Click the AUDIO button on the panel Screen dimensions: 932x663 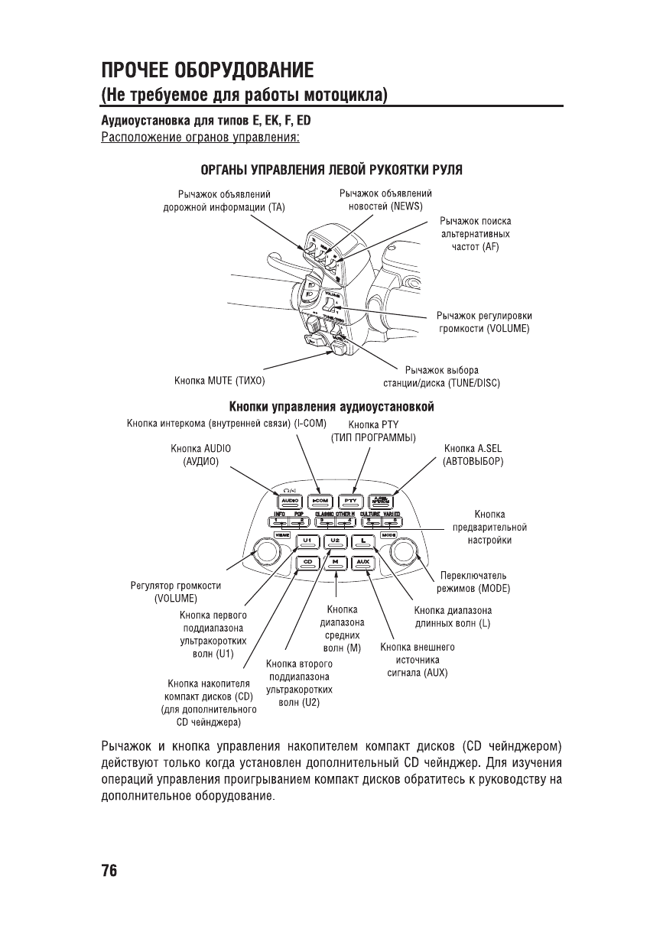[289, 501]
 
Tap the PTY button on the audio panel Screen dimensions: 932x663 [351, 501]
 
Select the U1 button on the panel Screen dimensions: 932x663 [307, 541]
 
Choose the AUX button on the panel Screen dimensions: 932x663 [363, 563]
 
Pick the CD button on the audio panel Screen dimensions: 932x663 [307, 563]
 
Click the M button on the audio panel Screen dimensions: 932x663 [336, 563]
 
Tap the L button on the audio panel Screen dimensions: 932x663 [363, 541]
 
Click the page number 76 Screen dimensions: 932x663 [109, 871]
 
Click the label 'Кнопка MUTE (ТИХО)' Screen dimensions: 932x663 [219, 380]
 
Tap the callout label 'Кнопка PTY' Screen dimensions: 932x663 [373, 425]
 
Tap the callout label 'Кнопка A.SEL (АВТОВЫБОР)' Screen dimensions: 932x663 [473, 455]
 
